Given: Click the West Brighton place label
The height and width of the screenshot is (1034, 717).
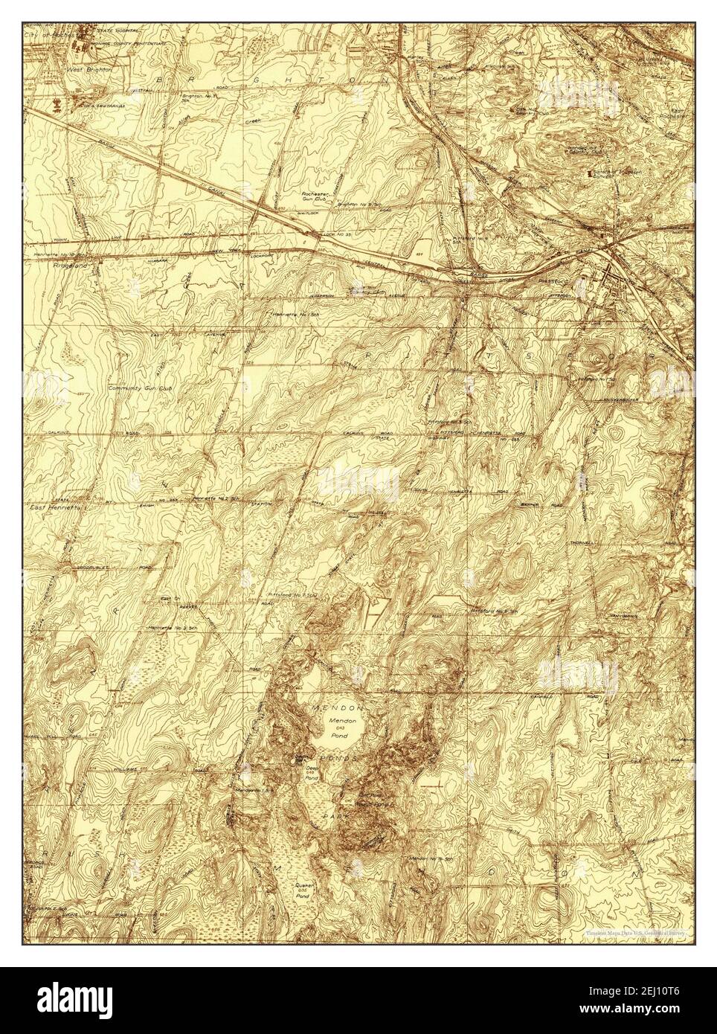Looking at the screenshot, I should click(89, 68).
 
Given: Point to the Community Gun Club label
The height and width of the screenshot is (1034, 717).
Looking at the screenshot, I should click(138, 388).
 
